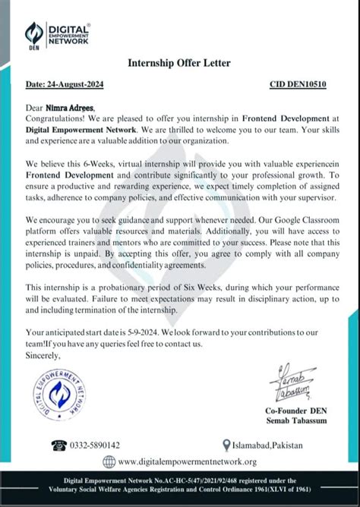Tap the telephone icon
58,446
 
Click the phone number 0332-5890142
94,446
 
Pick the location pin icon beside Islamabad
226,446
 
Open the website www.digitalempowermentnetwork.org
187,461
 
